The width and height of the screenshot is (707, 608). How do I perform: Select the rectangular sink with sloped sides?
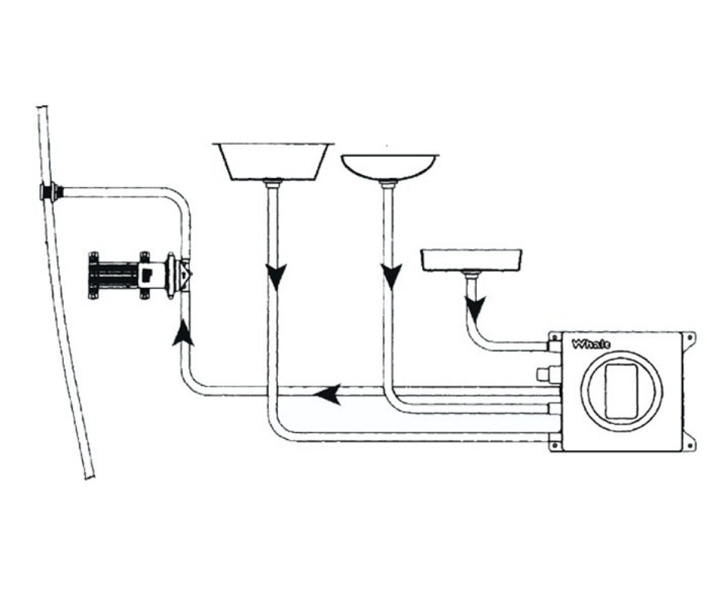click(x=273, y=162)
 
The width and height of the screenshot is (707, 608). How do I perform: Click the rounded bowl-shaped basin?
click(x=390, y=167)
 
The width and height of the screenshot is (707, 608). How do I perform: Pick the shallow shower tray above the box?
click(x=471, y=260)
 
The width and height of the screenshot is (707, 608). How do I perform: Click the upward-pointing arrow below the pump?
click(x=183, y=332)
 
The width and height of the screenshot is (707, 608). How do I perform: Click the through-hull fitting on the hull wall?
click(x=50, y=192)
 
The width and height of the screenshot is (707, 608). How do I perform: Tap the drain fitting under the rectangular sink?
click(x=273, y=184)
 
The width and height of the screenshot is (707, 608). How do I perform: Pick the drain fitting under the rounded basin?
click(x=388, y=184)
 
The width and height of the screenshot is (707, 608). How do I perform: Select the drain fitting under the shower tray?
click(x=471, y=274)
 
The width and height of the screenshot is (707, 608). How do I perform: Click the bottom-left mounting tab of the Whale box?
click(x=555, y=445)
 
